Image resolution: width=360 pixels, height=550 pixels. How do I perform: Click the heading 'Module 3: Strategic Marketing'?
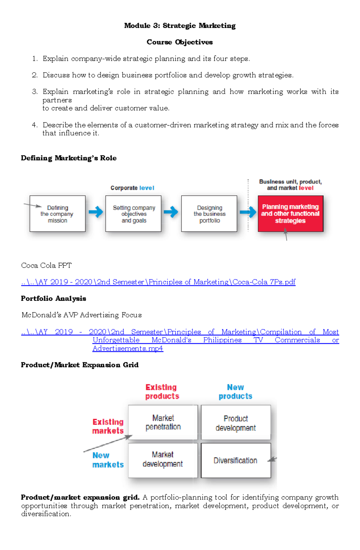(180, 26)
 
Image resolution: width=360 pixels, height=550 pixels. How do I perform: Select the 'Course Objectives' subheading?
(180, 42)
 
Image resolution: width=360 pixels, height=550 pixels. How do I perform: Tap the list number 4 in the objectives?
(35, 125)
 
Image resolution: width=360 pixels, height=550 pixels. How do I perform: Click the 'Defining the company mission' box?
(58, 214)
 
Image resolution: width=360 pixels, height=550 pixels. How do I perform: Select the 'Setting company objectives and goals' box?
(133, 214)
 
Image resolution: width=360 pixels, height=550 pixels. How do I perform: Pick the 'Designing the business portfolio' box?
(209, 214)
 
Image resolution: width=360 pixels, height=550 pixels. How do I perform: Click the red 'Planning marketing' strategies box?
(290, 214)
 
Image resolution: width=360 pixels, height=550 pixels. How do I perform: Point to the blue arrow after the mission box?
(96, 212)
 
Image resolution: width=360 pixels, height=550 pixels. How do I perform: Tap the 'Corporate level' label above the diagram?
(132, 188)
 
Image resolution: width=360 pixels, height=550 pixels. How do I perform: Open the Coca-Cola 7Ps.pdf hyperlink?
(158, 282)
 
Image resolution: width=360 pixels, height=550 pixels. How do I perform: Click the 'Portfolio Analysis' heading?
(53, 299)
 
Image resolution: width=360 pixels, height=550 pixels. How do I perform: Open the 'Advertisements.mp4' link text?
(128, 349)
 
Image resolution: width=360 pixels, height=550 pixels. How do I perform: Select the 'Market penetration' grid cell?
(163, 422)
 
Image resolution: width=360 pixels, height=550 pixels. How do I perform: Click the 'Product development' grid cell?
(236, 423)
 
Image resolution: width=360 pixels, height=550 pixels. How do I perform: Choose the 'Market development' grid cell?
(163, 459)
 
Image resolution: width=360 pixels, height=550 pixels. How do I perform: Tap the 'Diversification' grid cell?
(235, 461)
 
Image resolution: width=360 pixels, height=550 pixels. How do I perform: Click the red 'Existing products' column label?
(162, 392)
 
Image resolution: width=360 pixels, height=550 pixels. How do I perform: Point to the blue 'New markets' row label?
(108, 460)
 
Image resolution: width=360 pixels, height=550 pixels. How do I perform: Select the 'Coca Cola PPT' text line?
(46, 266)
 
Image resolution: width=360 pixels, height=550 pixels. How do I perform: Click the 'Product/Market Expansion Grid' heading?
(80, 365)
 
